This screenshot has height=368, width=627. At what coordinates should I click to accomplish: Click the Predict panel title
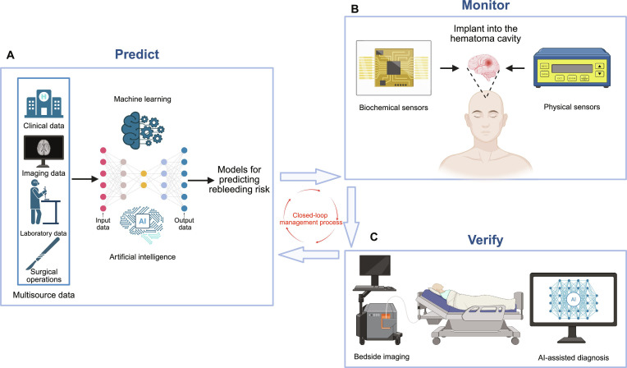point(137,54)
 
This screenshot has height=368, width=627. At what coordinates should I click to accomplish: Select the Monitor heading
point(486,5)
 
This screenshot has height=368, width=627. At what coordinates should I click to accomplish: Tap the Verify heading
point(486,240)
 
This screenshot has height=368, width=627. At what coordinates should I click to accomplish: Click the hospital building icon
point(43,103)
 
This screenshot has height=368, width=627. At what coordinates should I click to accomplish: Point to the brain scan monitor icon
point(43,151)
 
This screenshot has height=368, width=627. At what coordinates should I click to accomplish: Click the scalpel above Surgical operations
point(43,253)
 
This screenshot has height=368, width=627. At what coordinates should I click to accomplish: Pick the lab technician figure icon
point(44,201)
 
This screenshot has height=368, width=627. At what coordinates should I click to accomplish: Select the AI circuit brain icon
point(142,223)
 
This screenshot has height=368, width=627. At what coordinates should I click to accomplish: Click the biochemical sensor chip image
point(393,67)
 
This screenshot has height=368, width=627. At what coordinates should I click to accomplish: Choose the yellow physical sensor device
point(572,67)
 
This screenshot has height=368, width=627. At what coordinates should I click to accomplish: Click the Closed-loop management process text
point(311,218)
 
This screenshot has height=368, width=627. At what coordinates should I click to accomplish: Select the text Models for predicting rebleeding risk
point(239,179)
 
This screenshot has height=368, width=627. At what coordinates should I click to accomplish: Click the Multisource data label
point(43,295)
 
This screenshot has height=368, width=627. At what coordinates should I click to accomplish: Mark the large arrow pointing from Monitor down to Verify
point(351,217)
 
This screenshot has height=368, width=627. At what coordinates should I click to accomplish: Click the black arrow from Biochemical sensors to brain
point(450,68)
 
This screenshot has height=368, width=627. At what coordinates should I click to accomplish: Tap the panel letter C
point(373,237)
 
